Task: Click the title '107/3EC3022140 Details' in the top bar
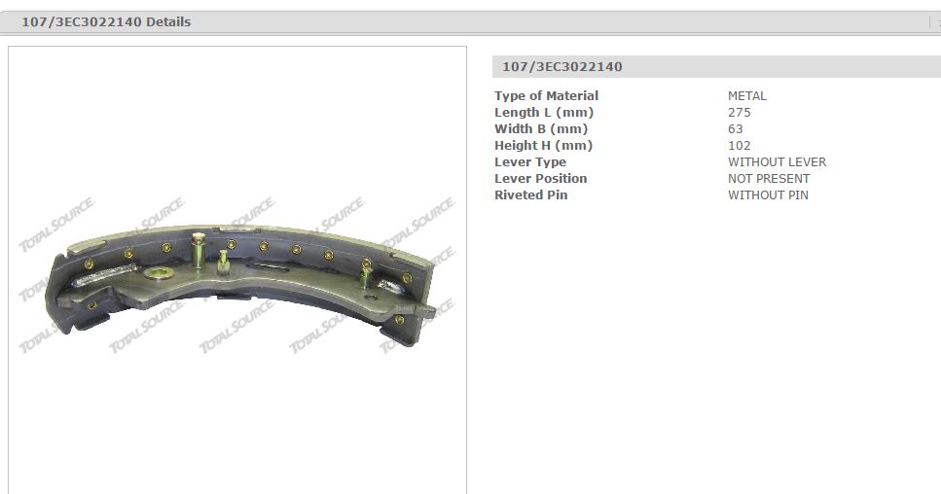coord(106,22)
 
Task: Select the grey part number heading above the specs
coord(562,66)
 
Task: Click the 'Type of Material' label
coord(546,96)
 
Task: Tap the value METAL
coord(747,96)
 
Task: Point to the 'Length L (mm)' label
coord(544,113)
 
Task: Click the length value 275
coord(740,113)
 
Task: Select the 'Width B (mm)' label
coord(541,129)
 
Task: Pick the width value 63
coord(735,129)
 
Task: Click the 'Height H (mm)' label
coord(543,146)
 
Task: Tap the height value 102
coord(740,146)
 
